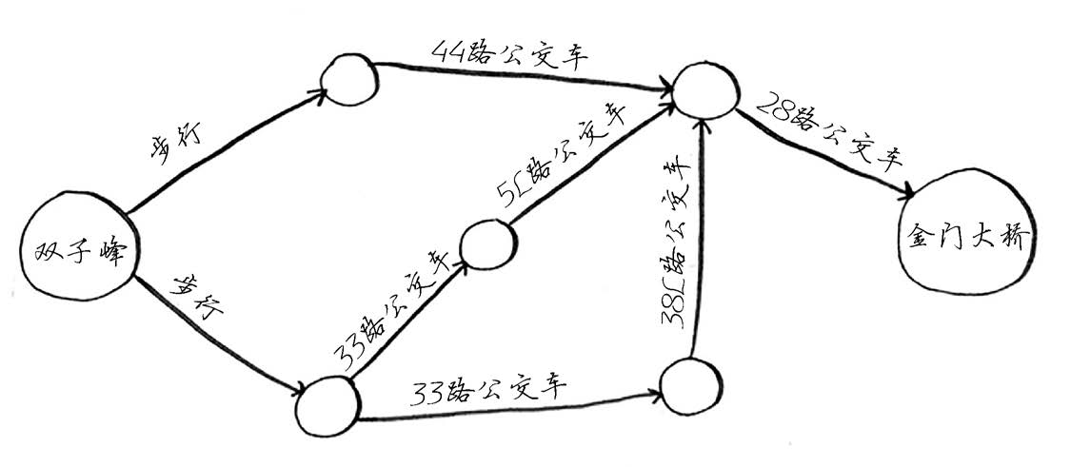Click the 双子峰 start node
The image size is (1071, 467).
point(79,249)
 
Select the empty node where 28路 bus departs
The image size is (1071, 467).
point(704,87)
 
